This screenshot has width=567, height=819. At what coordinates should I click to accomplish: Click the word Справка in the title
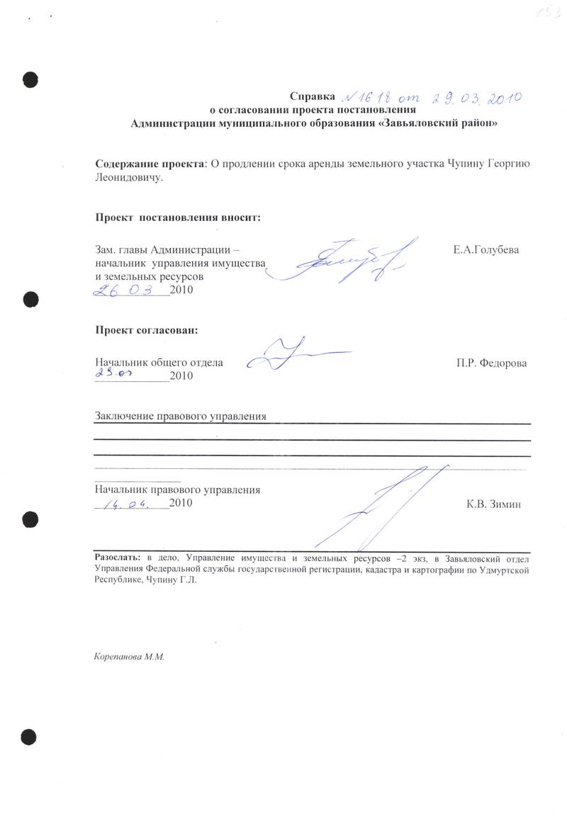tap(310, 96)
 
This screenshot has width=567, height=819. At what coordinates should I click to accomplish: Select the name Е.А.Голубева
tap(485, 250)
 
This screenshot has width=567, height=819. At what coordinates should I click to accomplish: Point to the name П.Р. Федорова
tap(492, 363)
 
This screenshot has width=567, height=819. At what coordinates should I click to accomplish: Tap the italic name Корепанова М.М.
tap(129, 657)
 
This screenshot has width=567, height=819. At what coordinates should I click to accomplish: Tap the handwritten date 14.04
tap(128, 504)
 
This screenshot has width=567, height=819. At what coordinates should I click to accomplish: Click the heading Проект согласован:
tap(147, 330)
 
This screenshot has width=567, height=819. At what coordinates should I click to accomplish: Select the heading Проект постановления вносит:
tap(178, 217)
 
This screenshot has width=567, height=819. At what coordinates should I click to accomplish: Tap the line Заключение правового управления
tap(181, 416)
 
